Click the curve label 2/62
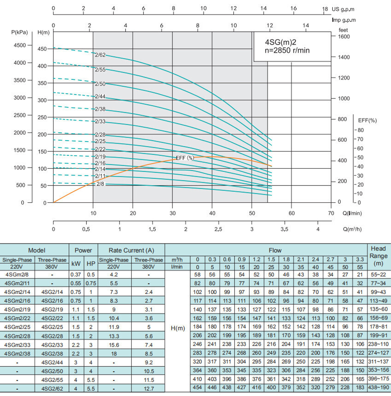[x=100, y=55]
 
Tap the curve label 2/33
[x=100, y=121]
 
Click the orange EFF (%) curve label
[x=185, y=158]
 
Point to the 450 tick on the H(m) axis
[x=42, y=49]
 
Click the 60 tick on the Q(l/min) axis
[x=291, y=213]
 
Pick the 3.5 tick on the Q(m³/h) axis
[x=285, y=229]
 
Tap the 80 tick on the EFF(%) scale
[x=360, y=130]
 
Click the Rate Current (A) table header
[x=131, y=250]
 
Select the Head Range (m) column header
[x=378, y=256]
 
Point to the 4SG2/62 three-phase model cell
[x=52, y=388]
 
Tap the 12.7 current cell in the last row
[x=149, y=388]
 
